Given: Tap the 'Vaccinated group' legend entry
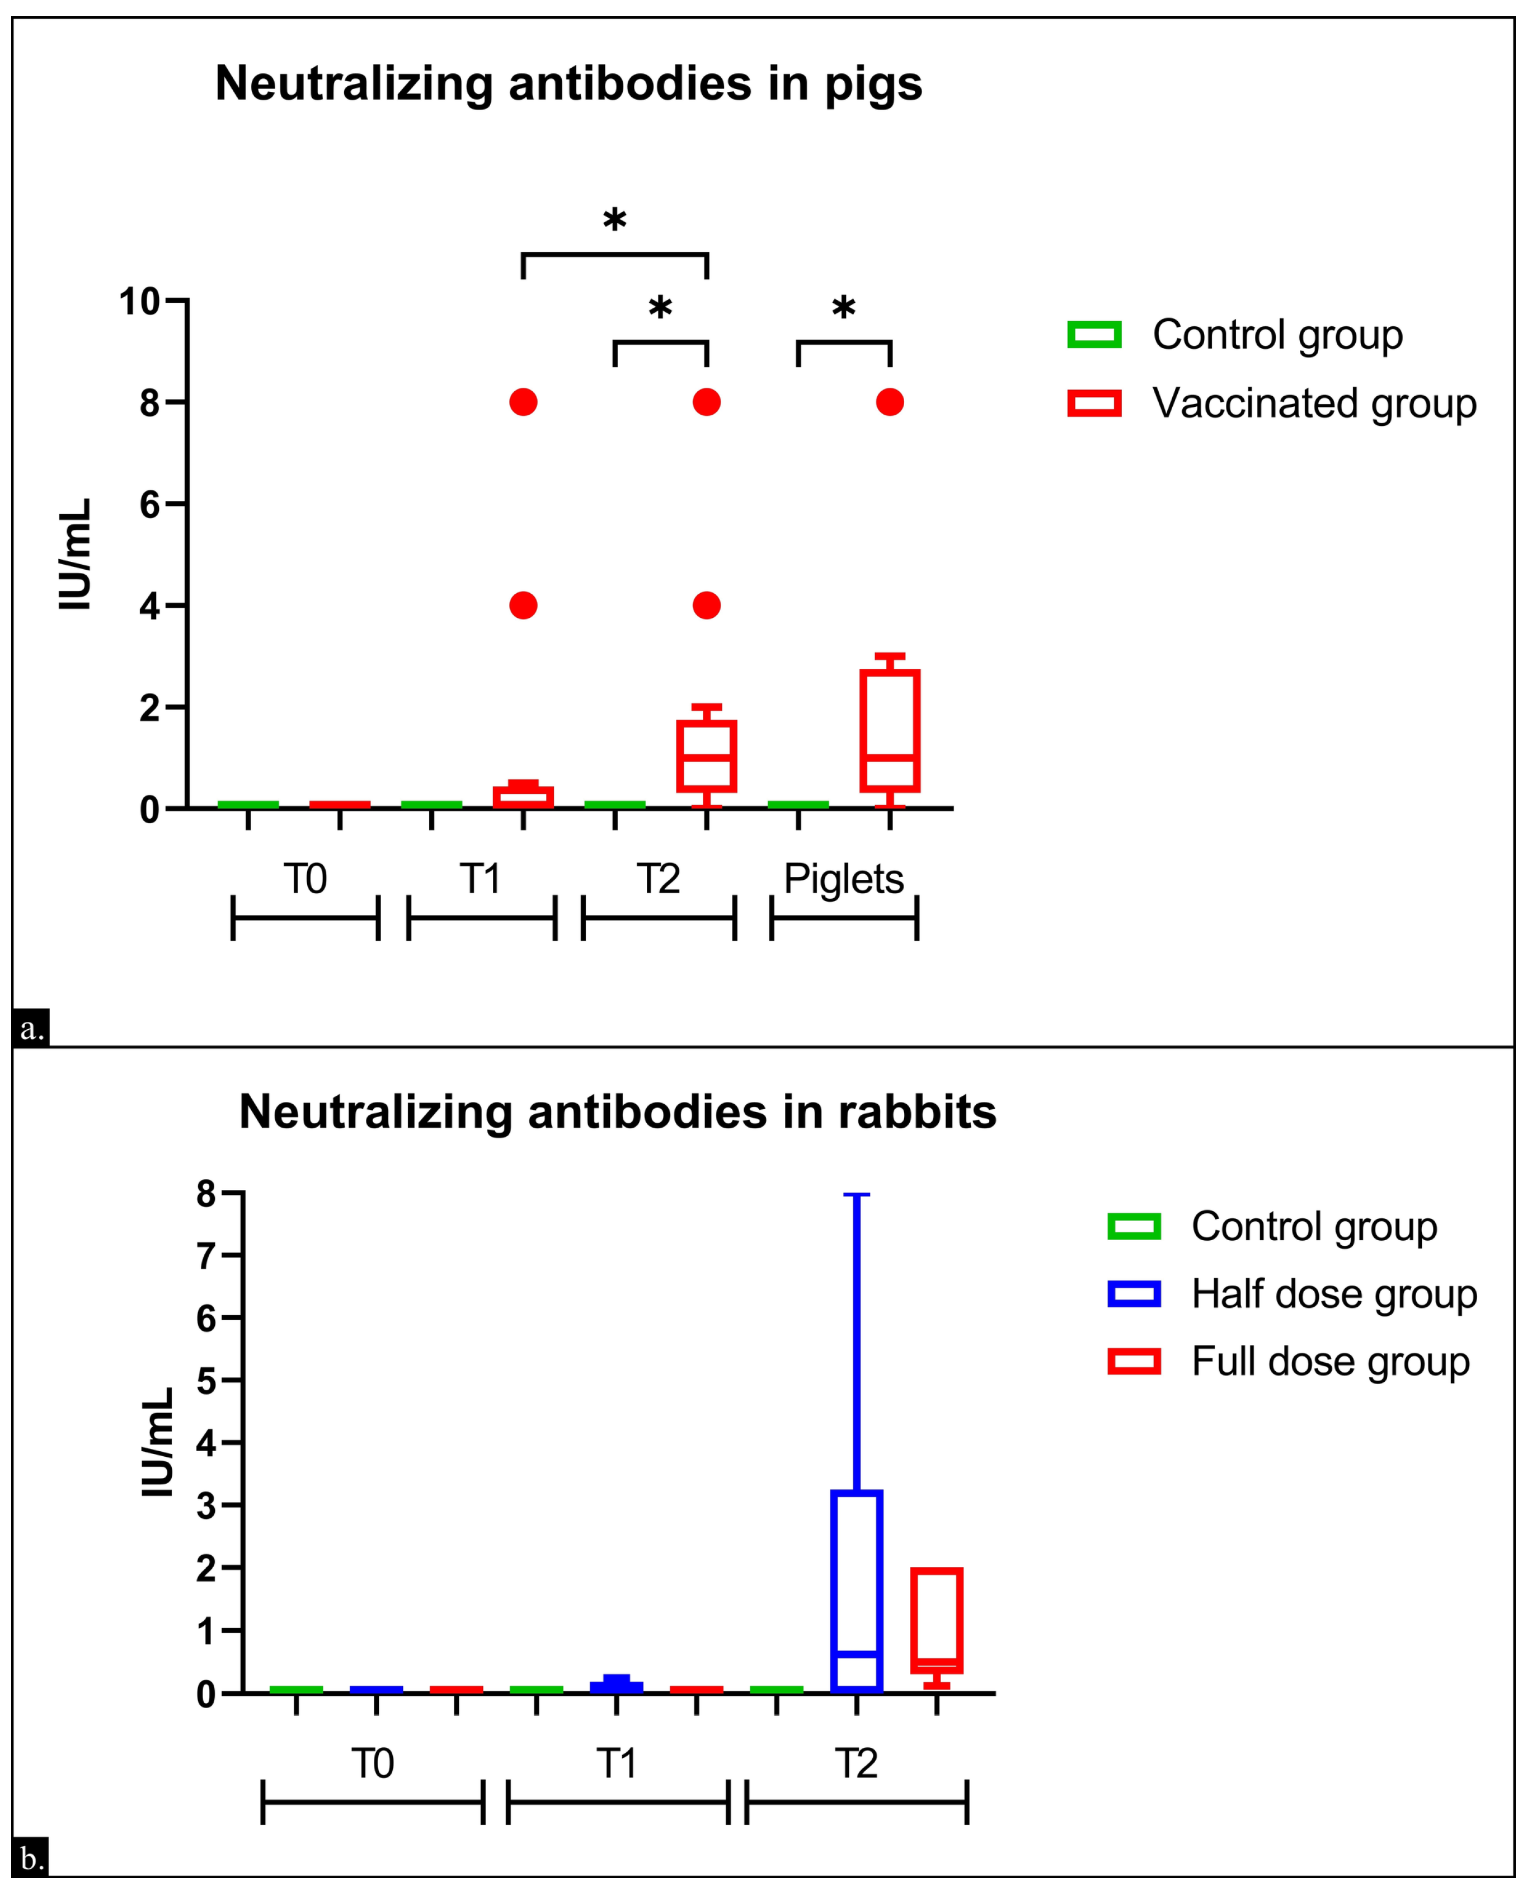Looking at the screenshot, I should pos(1313,404).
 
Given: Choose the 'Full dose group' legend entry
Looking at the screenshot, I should pos(1330,1362).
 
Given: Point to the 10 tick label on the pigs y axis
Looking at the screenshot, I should pos(139,302).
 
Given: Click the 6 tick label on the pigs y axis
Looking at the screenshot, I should pos(149,505).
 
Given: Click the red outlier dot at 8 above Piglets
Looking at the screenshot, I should pos(890,402).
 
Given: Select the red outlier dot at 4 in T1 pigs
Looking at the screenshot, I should pos(523,606).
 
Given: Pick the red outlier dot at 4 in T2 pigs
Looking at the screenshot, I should pos(706,606).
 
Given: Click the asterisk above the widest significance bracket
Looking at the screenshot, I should pos(615,221).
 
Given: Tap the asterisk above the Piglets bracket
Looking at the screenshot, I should pos(844,309).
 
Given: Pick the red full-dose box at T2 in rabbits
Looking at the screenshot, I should pos(936,1621).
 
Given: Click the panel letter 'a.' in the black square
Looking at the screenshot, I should pos(31,1028).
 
